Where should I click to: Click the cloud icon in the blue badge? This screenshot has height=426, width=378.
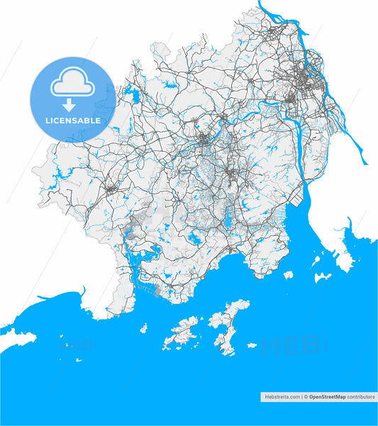(x=72, y=84)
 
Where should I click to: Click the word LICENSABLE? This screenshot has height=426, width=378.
(x=72, y=120)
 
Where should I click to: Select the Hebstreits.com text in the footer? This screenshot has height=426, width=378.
(x=281, y=397)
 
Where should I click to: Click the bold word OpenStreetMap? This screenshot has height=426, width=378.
(x=327, y=397)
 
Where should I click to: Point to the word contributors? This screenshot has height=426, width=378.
(x=361, y=397)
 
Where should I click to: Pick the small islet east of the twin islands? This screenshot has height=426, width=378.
(x=252, y=346)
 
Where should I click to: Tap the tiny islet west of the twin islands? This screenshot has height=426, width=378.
(x=143, y=328)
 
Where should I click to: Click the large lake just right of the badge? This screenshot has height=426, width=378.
(x=131, y=92)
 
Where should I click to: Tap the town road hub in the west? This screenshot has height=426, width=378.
(x=112, y=189)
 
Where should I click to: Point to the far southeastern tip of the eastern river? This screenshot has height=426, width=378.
(x=366, y=162)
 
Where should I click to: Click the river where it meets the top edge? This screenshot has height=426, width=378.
(x=261, y=4)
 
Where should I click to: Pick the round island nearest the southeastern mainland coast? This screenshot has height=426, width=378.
(x=288, y=275)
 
